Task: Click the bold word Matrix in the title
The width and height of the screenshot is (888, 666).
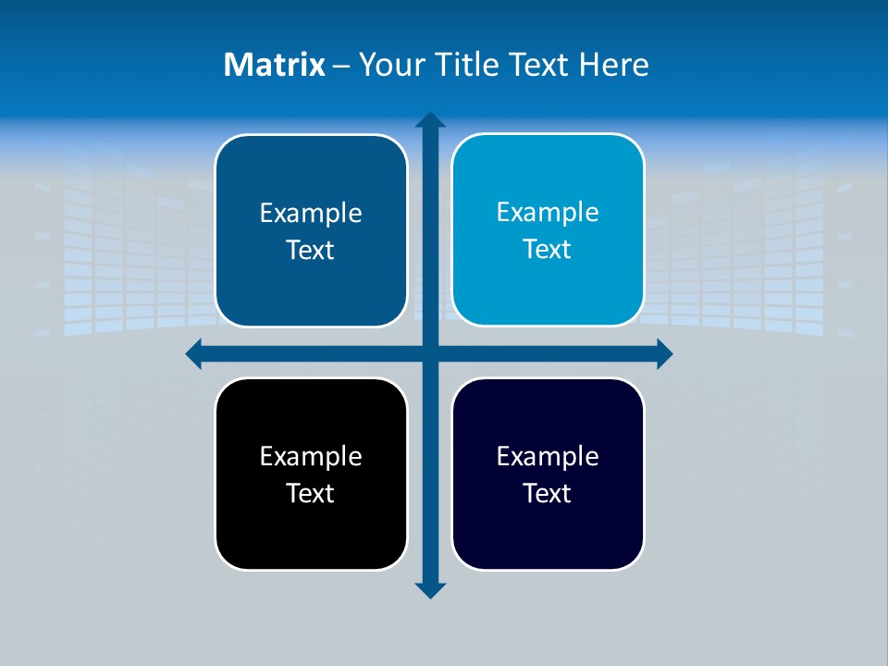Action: pyautogui.click(x=274, y=65)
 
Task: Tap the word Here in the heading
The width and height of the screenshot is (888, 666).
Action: pyautogui.click(x=614, y=65)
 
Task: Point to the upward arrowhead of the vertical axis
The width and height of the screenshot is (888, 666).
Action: pyautogui.click(x=430, y=121)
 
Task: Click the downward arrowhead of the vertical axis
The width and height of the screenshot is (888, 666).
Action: pyautogui.click(x=430, y=589)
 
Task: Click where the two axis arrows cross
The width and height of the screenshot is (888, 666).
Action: pyautogui.click(x=430, y=353)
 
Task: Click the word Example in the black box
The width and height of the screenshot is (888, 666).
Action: pyautogui.click(x=311, y=456)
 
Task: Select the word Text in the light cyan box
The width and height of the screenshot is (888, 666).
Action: pyautogui.click(x=548, y=249)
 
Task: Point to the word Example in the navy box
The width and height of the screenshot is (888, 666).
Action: pyautogui.click(x=548, y=456)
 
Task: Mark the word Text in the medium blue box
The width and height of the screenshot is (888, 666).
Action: pyautogui.click(x=311, y=250)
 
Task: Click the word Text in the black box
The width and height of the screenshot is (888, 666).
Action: pyautogui.click(x=311, y=493)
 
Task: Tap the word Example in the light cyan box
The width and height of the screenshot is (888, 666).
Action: pyautogui.click(x=548, y=212)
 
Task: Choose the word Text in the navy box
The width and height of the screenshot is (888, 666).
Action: pyautogui.click(x=548, y=493)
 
